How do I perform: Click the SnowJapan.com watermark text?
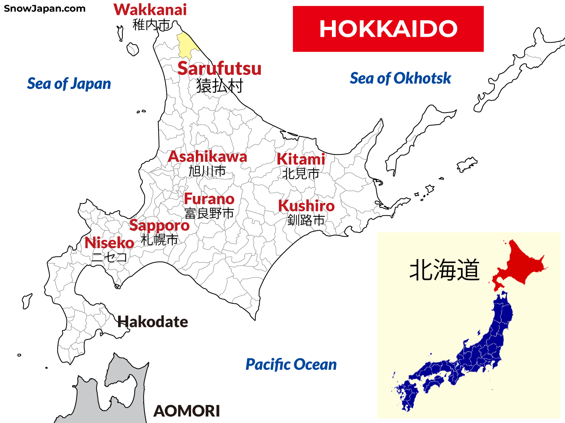(x=44, y=9)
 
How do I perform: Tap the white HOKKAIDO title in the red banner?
(x=388, y=29)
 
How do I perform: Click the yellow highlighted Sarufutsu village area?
(x=186, y=45)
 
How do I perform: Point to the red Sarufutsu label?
(x=219, y=69)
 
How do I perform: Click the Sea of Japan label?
(x=69, y=84)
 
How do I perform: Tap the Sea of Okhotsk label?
(x=400, y=78)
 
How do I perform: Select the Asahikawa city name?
(x=208, y=157)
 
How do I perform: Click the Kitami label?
(x=301, y=159)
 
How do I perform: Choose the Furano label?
(x=209, y=199)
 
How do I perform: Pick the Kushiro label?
(x=306, y=206)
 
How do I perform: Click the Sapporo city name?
(x=159, y=225)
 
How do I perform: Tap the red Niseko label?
(x=109, y=243)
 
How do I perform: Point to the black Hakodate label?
(x=153, y=322)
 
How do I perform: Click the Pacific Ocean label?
(x=291, y=365)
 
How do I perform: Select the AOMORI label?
(x=187, y=411)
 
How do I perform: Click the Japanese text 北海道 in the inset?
(x=445, y=270)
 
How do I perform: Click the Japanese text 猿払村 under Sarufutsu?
(x=220, y=85)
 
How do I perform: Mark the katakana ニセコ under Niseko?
(x=109, y=258)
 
